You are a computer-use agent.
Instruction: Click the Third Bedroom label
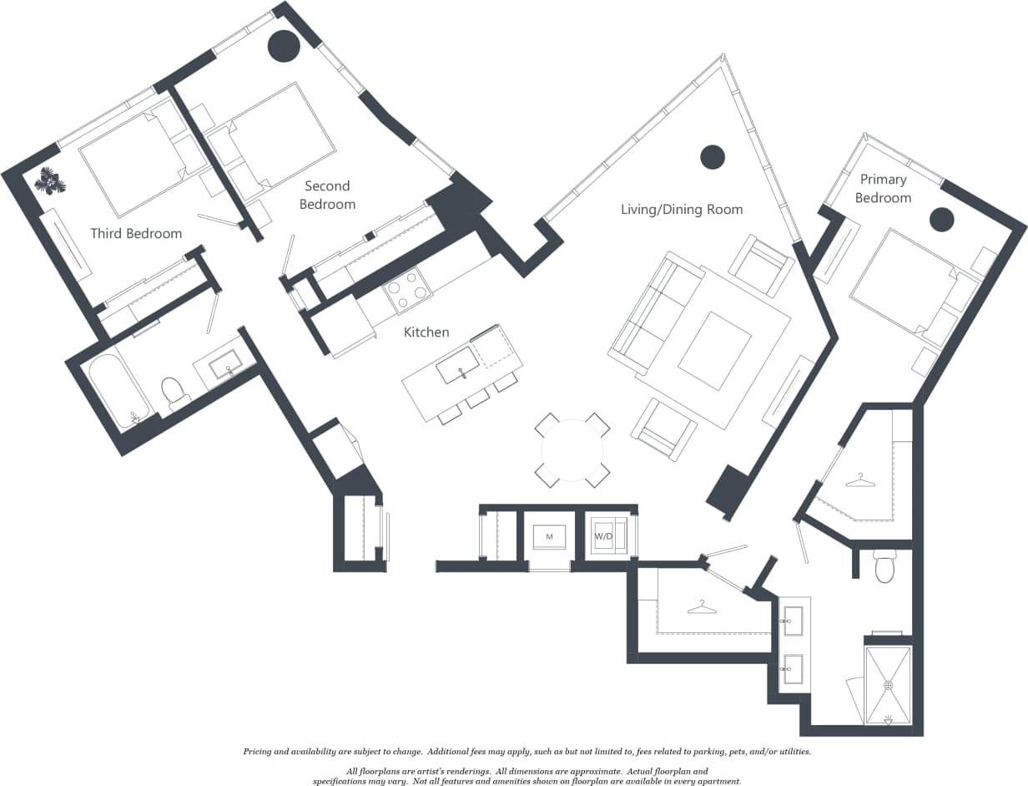136,233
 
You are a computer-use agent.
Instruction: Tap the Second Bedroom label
327,195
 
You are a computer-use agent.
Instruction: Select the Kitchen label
426,332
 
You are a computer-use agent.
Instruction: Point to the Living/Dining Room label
682,209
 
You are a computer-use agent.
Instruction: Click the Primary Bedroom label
883,189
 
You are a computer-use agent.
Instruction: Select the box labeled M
549,535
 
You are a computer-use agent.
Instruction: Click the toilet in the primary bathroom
884,566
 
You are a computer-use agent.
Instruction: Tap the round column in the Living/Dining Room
712,157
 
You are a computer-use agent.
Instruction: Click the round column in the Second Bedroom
284,46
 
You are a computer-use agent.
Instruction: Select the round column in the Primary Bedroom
941,219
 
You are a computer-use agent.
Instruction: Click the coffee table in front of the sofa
715,350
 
